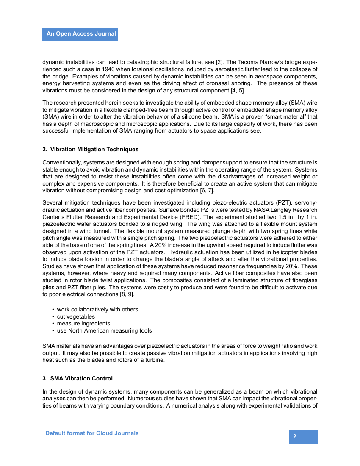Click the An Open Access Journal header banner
click(80, 34)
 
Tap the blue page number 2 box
click(303, 437)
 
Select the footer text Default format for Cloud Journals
click(92, 433)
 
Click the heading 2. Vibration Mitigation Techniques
click(90, 150)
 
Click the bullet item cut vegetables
click(76, 316)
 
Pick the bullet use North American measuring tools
click(104, 330)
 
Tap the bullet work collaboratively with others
click(98, 309)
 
